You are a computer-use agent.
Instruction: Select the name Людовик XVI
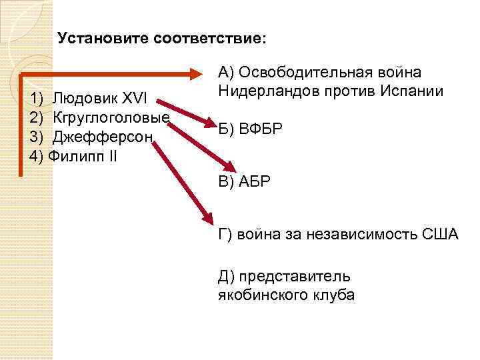click(104, 100)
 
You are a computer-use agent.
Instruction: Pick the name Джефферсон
click(103, 137)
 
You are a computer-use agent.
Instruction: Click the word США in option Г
click(440, 234)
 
